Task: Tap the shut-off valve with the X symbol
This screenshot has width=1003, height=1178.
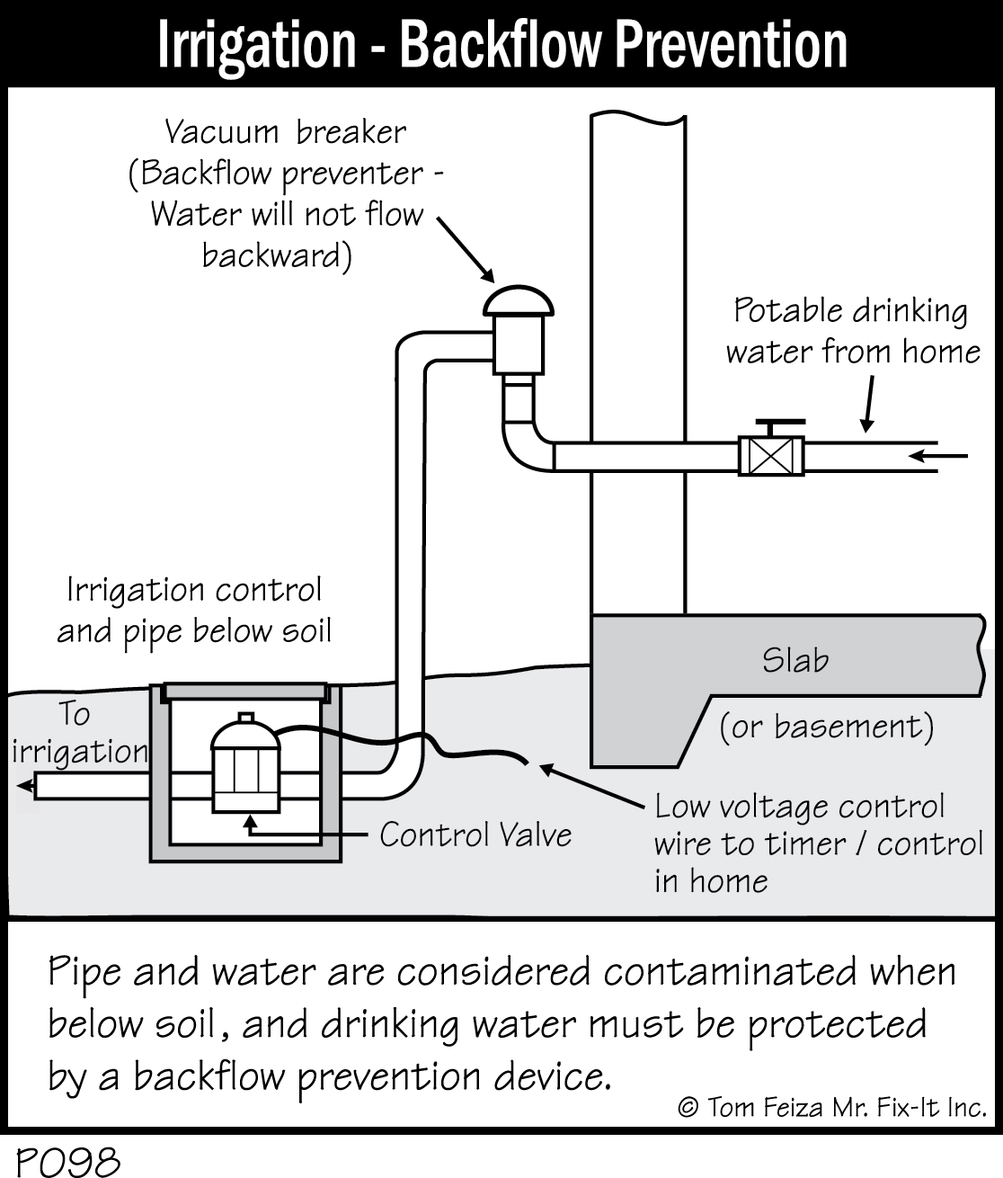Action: click(770, 456)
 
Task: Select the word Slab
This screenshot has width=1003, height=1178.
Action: click(795, 661)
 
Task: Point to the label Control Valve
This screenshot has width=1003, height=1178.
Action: click(475, 834)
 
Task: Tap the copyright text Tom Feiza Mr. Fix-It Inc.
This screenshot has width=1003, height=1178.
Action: click(832, 1107)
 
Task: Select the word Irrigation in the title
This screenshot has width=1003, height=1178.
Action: click(257, 45)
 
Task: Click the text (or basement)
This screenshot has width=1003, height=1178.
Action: click(826, 727)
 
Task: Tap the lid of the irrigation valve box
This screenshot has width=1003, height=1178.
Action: click(243, 690)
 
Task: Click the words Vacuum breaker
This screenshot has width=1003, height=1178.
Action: click(285, 132)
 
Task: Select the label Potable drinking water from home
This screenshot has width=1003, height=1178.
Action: click(852, 331)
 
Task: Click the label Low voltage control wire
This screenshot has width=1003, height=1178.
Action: click(818, 843)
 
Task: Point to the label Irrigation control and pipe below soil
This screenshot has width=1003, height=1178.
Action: click(194, 611)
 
